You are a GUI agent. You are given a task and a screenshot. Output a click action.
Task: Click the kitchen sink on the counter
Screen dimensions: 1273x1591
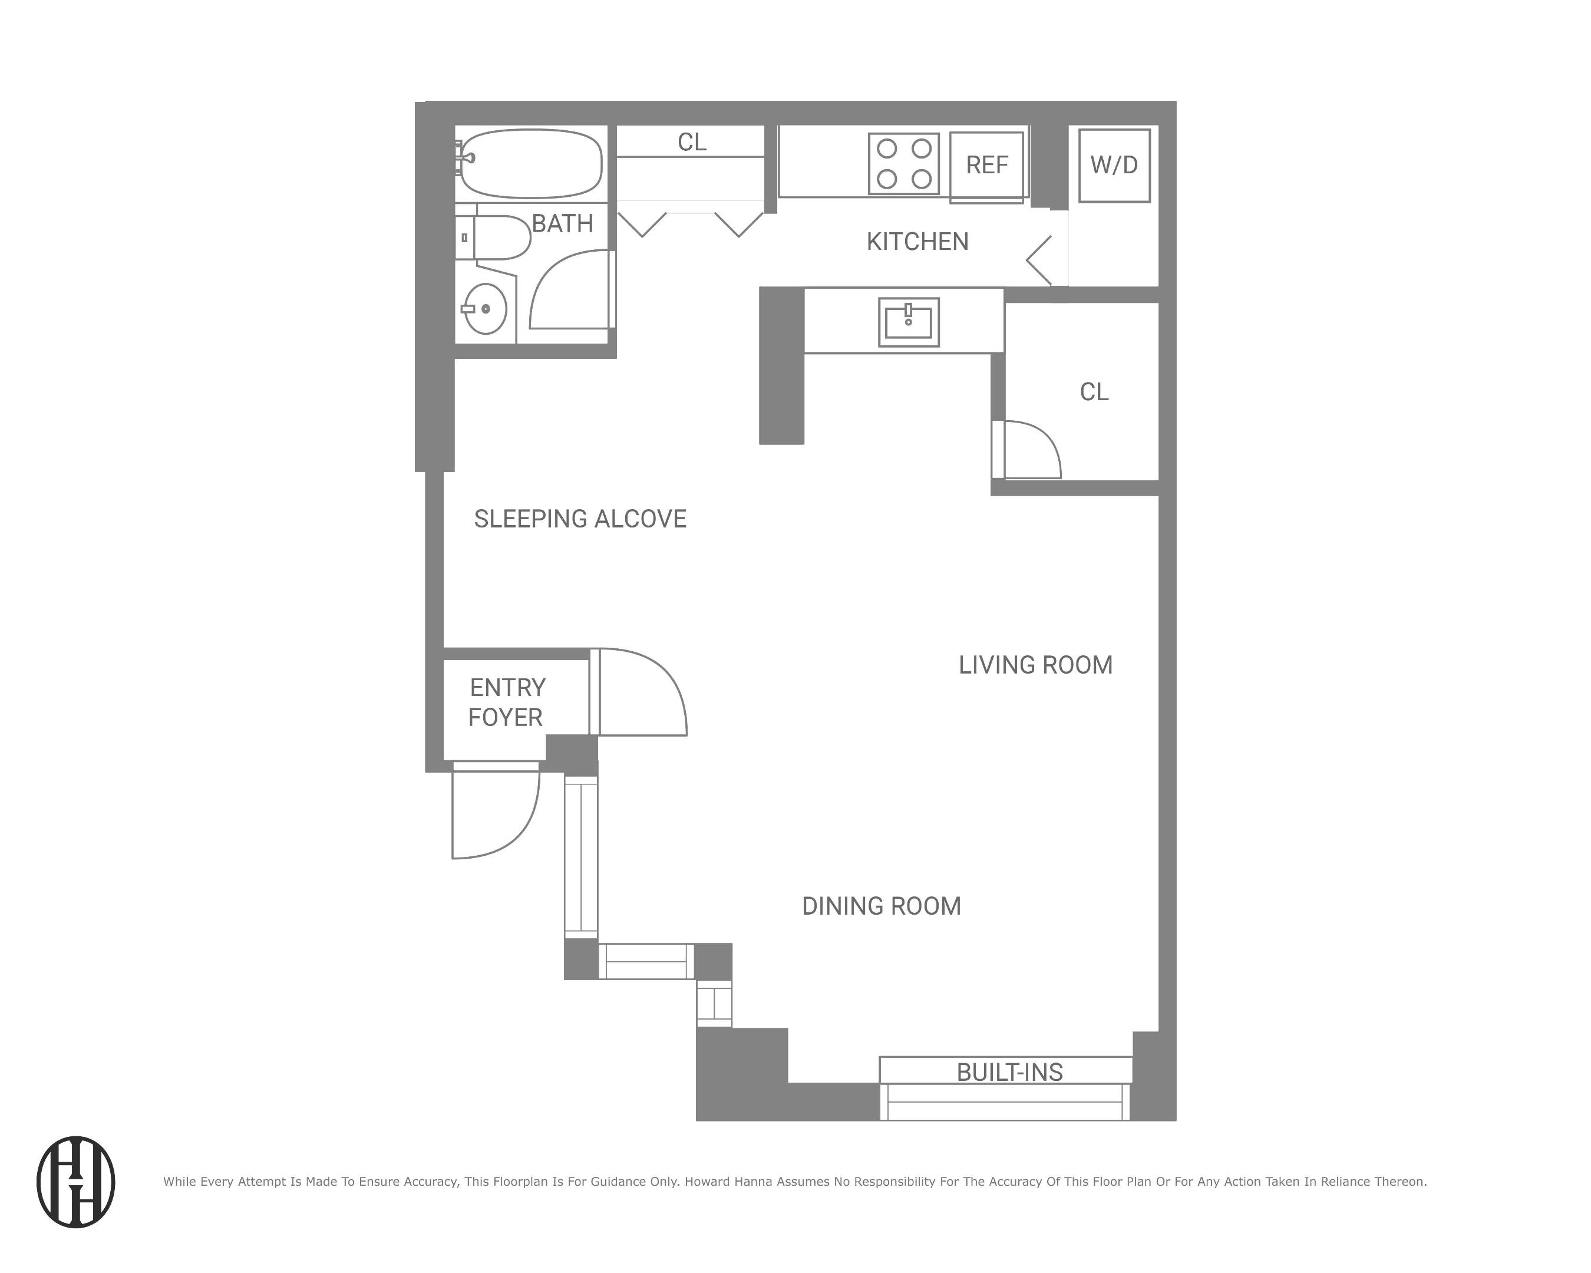point(909,322)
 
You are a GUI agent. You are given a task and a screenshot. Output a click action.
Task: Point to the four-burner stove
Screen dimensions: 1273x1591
point(903,163)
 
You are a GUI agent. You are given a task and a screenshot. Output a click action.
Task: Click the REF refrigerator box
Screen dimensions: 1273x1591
point(986,165)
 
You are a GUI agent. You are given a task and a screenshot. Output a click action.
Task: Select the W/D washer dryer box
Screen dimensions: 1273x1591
point(1114,164)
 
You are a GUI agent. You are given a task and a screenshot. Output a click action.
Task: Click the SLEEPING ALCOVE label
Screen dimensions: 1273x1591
point(580,519)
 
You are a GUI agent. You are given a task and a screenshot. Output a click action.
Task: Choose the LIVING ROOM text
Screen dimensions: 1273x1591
point(1035,665)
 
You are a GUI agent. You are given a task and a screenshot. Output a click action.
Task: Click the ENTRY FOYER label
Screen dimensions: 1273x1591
point(507,703)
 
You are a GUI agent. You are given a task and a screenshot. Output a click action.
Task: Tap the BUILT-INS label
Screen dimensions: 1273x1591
point(1009,1072)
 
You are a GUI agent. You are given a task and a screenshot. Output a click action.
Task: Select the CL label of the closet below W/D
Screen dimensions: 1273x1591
point(1094,392)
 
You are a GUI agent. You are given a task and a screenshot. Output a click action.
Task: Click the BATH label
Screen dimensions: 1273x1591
point(562,223)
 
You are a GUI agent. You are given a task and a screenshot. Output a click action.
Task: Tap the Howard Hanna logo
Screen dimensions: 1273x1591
point(76,1182)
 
